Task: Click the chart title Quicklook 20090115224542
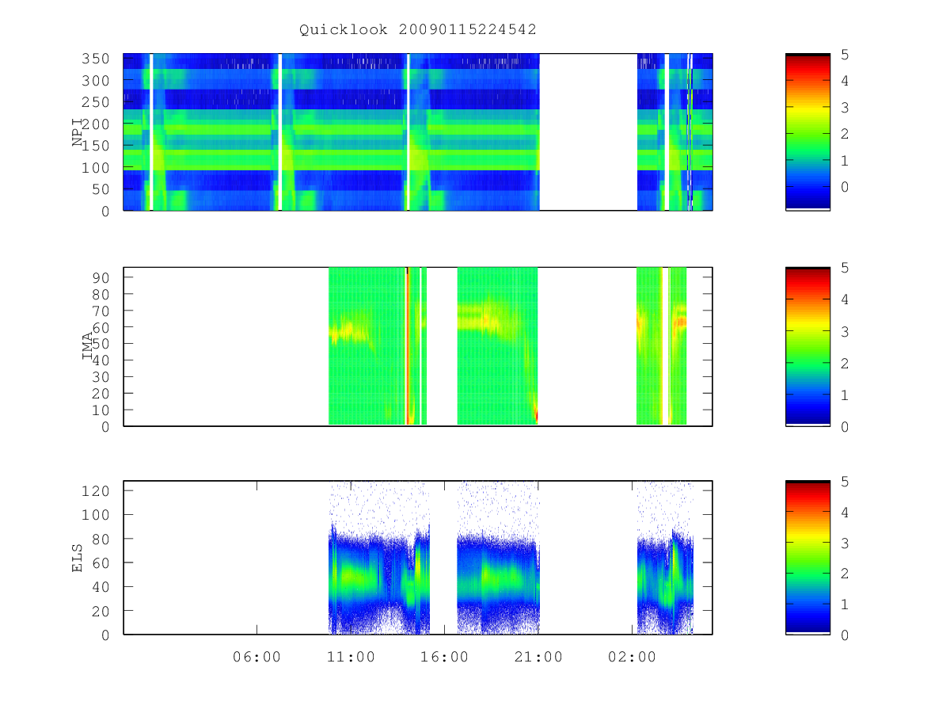[418, 29]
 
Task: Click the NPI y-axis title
[78, 132]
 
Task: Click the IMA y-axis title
[87, 346]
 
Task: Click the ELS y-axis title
[77, 559]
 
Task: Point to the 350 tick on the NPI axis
[95, 59]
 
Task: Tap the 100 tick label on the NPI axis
[95, 167]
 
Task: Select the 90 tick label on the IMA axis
[101, 278]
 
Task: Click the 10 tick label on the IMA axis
[101, 410]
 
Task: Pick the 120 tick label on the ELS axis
[95, 491]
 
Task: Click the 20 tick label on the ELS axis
[101, 612]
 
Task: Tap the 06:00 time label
[256, 657]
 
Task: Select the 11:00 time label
[351, 657]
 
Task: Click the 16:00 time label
[444, 657]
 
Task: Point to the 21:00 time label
[538, 657]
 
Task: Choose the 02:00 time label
[632, 657]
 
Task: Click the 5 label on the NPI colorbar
[845, 55]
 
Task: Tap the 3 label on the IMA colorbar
[845, 332]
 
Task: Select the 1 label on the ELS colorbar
[845, 604]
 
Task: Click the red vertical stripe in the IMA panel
[407, 346]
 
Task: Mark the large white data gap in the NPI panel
[588, 132]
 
